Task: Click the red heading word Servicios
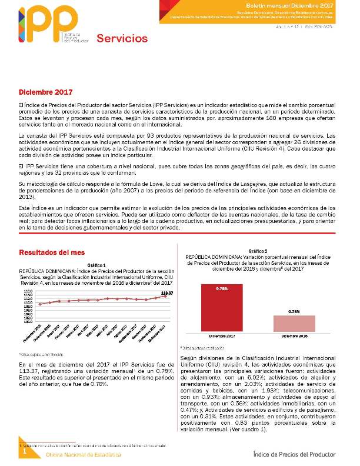tap(122, 39)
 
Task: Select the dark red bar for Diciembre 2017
tap(222, 308)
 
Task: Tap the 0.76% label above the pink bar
tap(294, 311)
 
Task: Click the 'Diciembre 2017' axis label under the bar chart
tap(222, 336)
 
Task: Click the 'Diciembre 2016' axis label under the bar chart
tap(294, 336)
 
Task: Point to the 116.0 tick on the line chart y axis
tap(28, 291)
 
